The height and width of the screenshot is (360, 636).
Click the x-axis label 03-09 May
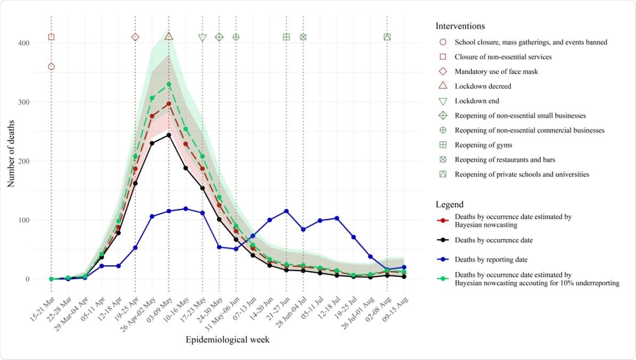click(160, 304)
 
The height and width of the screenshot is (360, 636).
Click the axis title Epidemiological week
click(227, 339)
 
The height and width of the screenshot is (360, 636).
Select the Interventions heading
click(460, 26)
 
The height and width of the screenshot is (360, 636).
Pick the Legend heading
click(449, 204)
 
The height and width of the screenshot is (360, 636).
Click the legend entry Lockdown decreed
click(483, 86)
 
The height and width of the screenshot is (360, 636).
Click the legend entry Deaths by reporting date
click(491, 260)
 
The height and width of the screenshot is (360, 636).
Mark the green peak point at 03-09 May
click(169, 84)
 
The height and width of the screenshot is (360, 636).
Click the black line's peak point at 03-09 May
click(169, 135)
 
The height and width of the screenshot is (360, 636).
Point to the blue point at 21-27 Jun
click(287, 211)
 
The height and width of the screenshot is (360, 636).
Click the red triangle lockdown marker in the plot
click(169, 37)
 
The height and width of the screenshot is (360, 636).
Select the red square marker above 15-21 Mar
click(51, 37)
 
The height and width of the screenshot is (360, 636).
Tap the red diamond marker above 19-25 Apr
click(135, 37)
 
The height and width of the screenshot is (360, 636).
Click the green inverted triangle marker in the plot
click(202, 38)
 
